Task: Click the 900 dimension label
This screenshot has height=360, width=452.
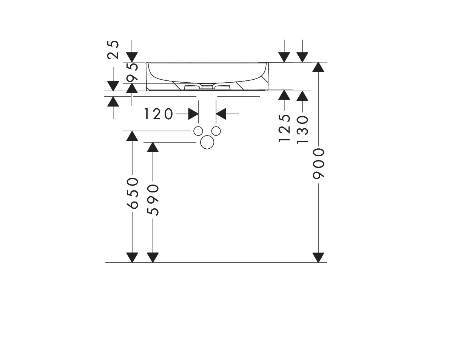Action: point(319,163)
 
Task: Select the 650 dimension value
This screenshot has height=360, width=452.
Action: point(133,193)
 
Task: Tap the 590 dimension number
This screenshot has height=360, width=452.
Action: point(153,200)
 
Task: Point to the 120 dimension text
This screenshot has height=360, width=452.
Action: point(158,114)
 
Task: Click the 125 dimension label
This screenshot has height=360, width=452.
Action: point(284,128)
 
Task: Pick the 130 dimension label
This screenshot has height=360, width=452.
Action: point(302,129)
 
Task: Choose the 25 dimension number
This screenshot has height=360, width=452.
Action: point(113,49)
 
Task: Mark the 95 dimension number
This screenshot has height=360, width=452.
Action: point(132,72)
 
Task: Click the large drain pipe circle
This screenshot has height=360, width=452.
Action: point(207,142)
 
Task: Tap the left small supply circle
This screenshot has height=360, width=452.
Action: point(198,131)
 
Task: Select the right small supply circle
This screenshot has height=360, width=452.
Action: point(216,131)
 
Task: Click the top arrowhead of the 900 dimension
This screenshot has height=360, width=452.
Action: point(318,67)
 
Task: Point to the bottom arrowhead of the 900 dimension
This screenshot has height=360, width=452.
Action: point(318,258)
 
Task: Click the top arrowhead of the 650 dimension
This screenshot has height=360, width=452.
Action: point(132,136)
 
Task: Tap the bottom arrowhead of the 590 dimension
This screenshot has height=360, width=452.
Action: point(153,258)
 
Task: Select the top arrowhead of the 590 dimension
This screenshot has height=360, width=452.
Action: point(153,147)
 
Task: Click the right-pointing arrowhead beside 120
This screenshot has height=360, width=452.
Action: point(193,114)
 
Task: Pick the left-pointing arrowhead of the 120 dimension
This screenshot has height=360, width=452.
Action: point(221,114)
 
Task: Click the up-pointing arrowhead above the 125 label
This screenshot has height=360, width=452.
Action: point(284,95)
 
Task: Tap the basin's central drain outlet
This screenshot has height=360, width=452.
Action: point(207,86)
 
